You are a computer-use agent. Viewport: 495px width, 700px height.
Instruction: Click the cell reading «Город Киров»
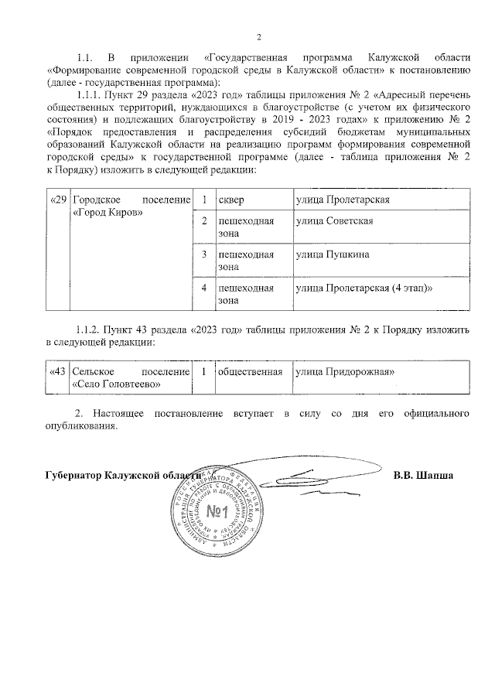click(108, 213)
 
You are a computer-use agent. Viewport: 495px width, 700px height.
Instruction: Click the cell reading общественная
click(250, 371)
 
